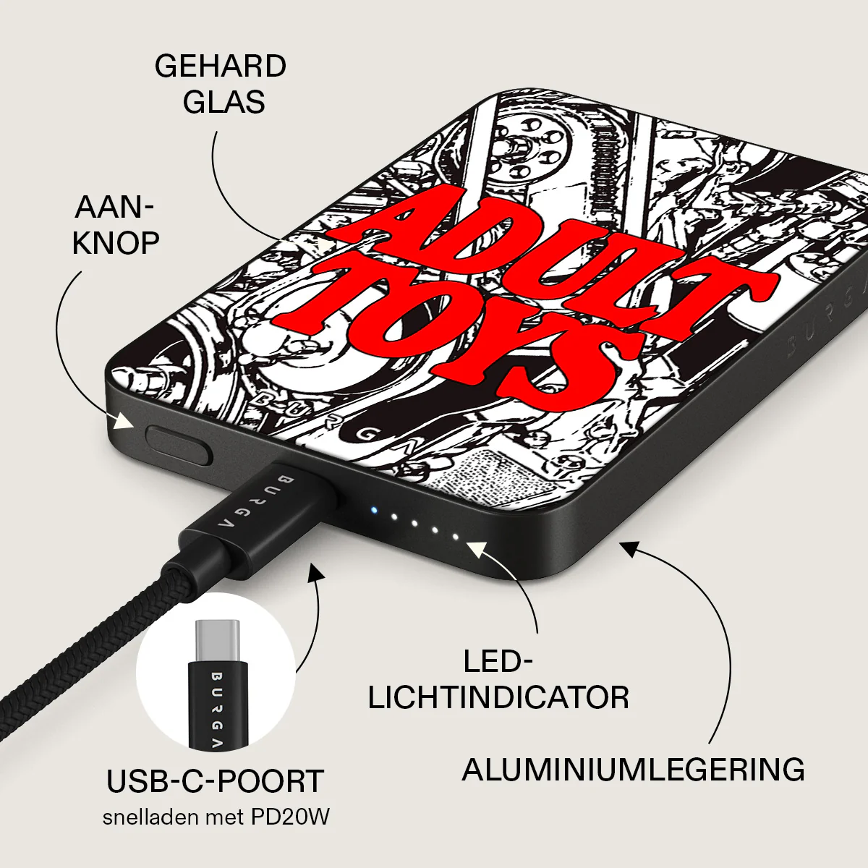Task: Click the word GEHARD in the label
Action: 221,67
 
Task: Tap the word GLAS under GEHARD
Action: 224,102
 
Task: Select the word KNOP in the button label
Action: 116,243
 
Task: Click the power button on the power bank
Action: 179,446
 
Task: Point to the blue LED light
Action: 373,511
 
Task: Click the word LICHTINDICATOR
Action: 498,698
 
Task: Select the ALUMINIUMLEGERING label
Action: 634,770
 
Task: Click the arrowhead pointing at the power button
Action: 124,421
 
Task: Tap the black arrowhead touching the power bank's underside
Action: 630,548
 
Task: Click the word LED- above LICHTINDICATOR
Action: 498,662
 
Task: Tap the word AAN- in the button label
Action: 114,208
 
